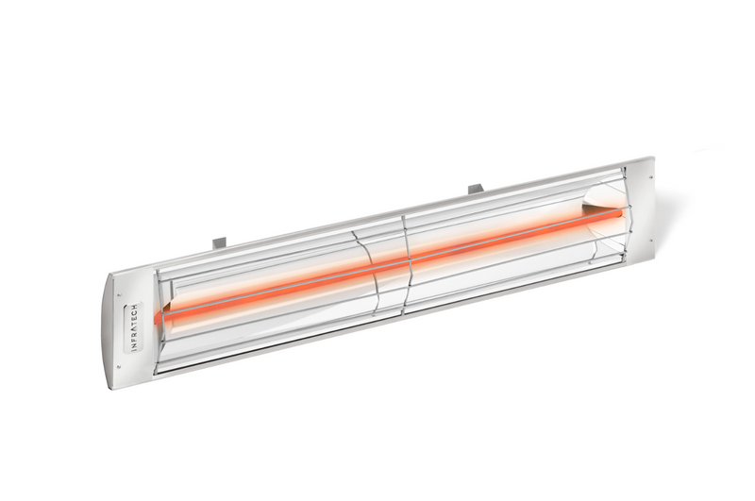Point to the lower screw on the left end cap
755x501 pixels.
(x=119, y=365)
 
